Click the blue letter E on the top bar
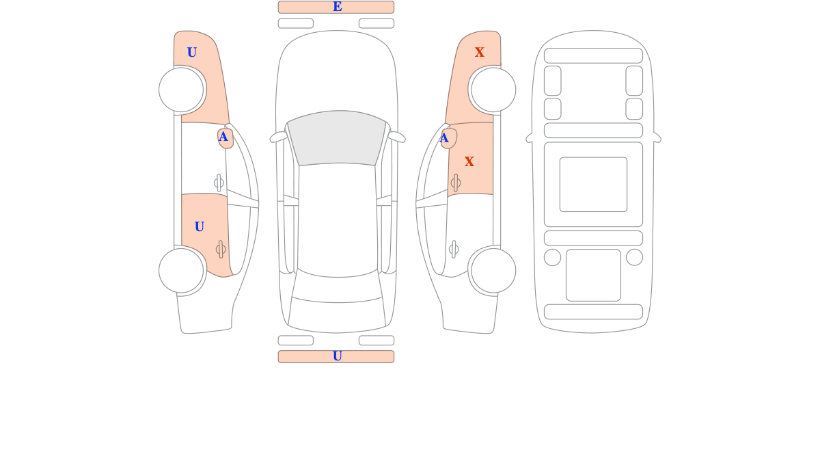coord(337,7)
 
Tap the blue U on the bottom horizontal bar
coord(337,356)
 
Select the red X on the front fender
coord(479,52)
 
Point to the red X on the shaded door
coord(469,161)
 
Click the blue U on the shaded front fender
coord(192,53)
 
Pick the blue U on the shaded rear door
coord(199,227)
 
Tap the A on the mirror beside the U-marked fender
coord(223,137)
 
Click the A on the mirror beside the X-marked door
coord(443,138)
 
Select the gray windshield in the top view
coord(336,137)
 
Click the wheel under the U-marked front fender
coord(181,90)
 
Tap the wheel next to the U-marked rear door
coord(181,271)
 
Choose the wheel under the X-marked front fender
coord(493,90)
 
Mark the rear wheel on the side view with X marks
coord(493,271)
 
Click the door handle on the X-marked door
coord(456,183)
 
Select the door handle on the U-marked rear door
coord(221,250)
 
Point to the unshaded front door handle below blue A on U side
coord(219,183)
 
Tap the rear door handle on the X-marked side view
coord(454,250)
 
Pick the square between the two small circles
coord(593,275)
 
